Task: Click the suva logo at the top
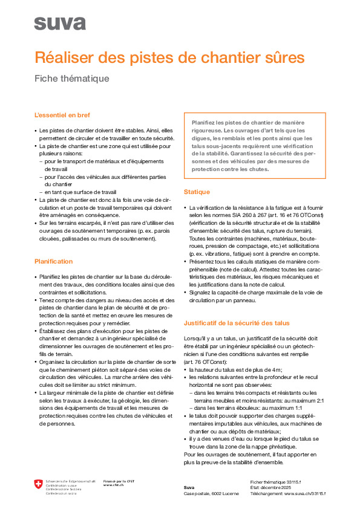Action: tap(59, 23)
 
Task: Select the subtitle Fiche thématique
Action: tap(71, 79)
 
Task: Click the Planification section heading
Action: tap(53, 261)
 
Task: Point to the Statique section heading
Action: tap(197, 192)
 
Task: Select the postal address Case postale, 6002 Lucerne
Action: tap(211, 493)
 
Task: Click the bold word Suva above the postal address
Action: tap(189, 487)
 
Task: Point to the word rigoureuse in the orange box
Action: tap(206, 130)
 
